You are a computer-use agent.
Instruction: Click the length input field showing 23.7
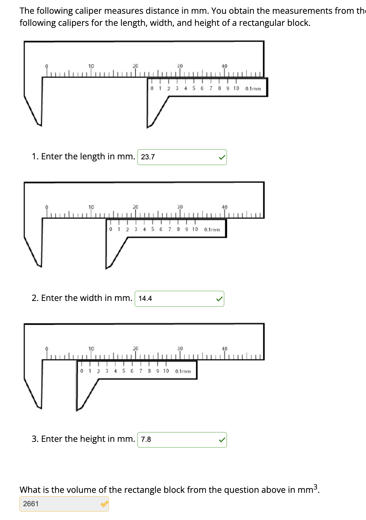coord(178,157)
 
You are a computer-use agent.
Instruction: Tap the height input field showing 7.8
coord(178,439)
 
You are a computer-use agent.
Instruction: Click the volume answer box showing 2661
coord(60,504)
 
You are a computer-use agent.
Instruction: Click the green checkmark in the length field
coord(222,157)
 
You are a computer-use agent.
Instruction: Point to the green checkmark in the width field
coord(219,299)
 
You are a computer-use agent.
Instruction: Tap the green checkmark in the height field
coord(222,440)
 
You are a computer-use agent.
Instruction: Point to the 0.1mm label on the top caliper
coord(253,89)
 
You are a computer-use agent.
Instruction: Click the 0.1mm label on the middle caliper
coord(212,229)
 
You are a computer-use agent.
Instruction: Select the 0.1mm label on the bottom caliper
coord(183,371)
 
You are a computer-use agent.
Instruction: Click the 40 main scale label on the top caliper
coord(224,66)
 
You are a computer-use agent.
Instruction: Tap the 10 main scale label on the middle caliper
coord(91,207)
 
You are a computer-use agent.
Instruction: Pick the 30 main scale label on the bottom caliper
coord(180,349)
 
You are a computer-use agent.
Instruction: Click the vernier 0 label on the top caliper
coord(152,88)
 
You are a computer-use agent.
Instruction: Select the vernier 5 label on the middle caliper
coord(152,229)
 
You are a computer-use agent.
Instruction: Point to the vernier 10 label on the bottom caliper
coord(166,371)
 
